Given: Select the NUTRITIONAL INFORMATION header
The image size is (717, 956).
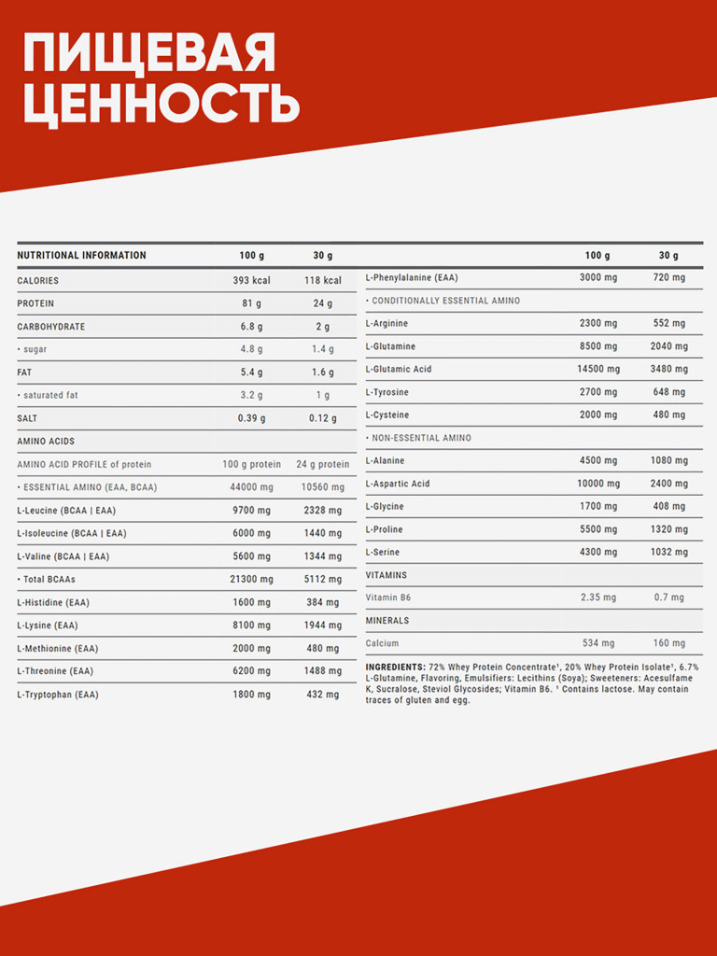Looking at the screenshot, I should (x=82, y=256).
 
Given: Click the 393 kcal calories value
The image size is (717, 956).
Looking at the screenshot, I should (x=251, y=280).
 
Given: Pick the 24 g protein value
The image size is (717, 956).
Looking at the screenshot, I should (x=322, y=303).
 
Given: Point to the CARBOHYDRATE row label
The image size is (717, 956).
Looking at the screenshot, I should (x=51, y=327).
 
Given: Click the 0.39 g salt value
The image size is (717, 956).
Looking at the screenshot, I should (x=251, y=418).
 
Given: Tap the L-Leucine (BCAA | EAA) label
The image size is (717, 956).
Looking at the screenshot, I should (x=71, y=511).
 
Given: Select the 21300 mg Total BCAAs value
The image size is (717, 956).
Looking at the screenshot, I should (x=251, y=580).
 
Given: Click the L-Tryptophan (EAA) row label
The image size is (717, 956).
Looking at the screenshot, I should (x=58, y=695).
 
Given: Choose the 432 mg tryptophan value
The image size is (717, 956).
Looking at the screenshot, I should (x=322, y=695).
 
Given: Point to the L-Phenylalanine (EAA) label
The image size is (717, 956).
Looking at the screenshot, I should (x=412, y=277).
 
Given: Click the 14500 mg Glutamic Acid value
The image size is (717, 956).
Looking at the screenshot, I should (x=597, y=370).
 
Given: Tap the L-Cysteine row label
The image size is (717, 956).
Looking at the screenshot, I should (x=387, y=415).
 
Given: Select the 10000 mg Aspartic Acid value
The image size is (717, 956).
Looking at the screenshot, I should (x=597, y=484).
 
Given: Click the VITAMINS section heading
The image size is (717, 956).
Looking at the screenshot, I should (x=387, y=575).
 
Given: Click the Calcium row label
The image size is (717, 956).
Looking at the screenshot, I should (x=384, y=643).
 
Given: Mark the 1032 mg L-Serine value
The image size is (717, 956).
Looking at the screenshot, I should (x=668, y=553).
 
